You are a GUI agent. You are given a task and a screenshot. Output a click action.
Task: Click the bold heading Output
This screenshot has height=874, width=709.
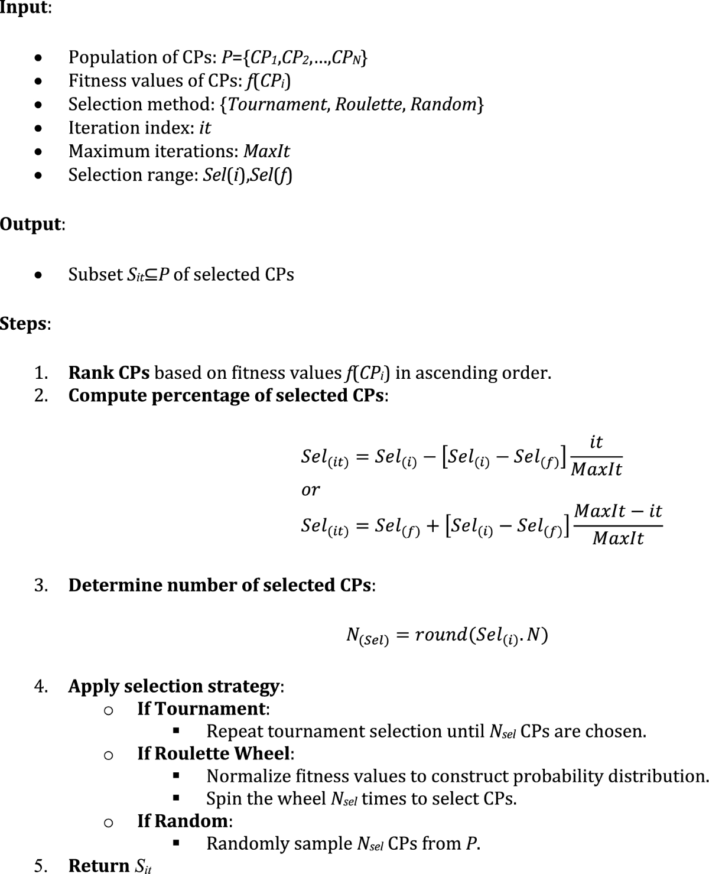click(x=30, y=225)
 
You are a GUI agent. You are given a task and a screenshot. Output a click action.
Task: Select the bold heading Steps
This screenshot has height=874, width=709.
click(x=24, y=324)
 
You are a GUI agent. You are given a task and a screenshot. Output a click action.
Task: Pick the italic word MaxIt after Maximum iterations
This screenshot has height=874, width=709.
click(x=266, y=152)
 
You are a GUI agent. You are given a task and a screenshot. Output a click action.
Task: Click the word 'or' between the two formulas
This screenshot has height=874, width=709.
click(x=310, y=490)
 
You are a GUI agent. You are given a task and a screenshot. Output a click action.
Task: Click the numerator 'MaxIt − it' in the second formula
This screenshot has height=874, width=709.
click(x=618, y=511)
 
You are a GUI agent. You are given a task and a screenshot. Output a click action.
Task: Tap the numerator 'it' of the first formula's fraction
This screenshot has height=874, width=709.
click(x=596, y=442)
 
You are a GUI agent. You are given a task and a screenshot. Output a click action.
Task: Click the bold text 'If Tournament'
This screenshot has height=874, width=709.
click(x=202, y=709)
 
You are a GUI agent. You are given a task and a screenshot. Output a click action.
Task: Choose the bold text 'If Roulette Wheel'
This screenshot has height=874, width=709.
click(x=214, y=753)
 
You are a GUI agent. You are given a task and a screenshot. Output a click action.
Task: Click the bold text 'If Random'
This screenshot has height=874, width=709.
click(x=183, y=821)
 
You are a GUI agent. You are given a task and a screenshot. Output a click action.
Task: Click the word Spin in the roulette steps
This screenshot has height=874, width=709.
click(x=223, y=799)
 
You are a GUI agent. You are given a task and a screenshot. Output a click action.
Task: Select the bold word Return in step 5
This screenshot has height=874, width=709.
click(x=99, y=865)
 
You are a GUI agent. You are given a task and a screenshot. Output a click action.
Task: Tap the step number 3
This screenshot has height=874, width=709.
click(x=40, y=586)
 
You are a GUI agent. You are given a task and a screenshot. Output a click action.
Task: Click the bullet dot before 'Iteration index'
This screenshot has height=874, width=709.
click(x=38, y=128)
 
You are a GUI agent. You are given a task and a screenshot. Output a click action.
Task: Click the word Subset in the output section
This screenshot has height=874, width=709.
click(x=95, y=275)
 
